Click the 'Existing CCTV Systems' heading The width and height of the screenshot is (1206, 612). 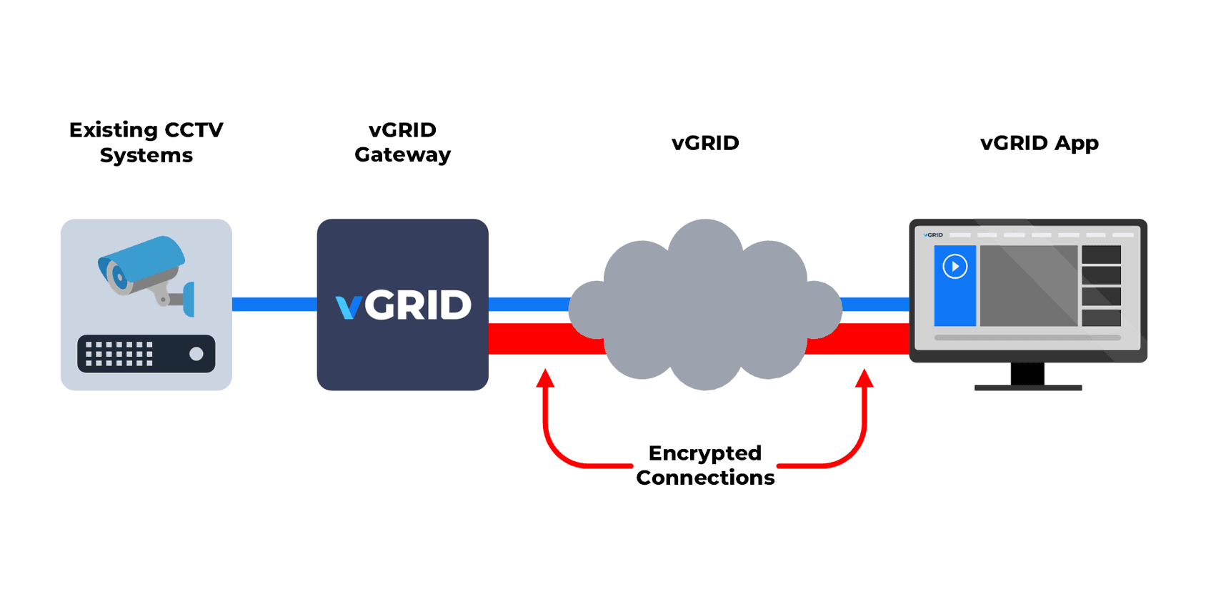pos(146,142)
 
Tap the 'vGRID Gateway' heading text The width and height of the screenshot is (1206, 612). pos(402,142)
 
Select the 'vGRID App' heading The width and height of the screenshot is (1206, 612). pos(1039,143)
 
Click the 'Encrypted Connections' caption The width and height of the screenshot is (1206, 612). pos(705,465)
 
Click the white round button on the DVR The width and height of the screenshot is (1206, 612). pos(196,354)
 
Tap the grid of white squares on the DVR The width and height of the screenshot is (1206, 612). pos(119,354)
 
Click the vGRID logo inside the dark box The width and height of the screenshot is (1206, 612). pos(404,305)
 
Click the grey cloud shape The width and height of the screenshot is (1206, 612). pos(705,307)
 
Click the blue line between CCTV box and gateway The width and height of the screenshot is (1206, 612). pos(274,305)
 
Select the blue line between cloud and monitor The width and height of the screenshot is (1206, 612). pos(875,305)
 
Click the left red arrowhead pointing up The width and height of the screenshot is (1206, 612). pos(545,377)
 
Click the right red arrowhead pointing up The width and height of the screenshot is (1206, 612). pos(864,377)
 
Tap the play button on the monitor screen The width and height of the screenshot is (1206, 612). pos(955,267)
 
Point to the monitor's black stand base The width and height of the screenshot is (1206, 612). pos(1028,388)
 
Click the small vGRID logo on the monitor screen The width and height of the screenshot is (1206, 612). pos(933,235)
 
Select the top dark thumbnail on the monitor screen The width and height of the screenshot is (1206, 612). pos(1101,255)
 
